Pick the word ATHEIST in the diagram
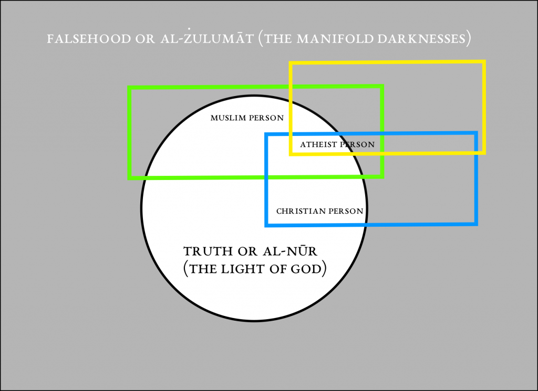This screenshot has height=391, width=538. (x=319, y=144)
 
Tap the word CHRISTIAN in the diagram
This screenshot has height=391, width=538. (x=300, y=212)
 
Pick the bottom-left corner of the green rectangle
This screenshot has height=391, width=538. (x=129, y=178)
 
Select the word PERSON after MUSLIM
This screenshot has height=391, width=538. (x=266, y=118)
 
